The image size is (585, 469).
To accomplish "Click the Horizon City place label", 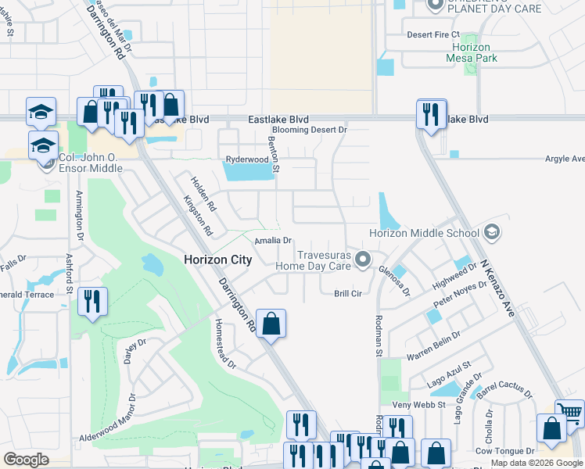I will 217,260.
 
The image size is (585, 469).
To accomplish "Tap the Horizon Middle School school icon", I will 492,232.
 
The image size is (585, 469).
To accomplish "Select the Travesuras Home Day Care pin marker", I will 362,259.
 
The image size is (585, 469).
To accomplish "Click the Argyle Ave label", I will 565,159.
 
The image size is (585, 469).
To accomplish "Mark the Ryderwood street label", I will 246,159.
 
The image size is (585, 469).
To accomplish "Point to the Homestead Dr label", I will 224,344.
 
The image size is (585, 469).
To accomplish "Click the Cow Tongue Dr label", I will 504,451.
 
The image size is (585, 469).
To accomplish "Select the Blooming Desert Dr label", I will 309,130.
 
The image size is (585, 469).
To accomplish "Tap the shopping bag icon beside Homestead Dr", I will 271,324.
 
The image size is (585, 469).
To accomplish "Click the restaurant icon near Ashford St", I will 93,302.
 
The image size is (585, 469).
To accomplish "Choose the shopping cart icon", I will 570,413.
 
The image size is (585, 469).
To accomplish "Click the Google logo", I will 26,460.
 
